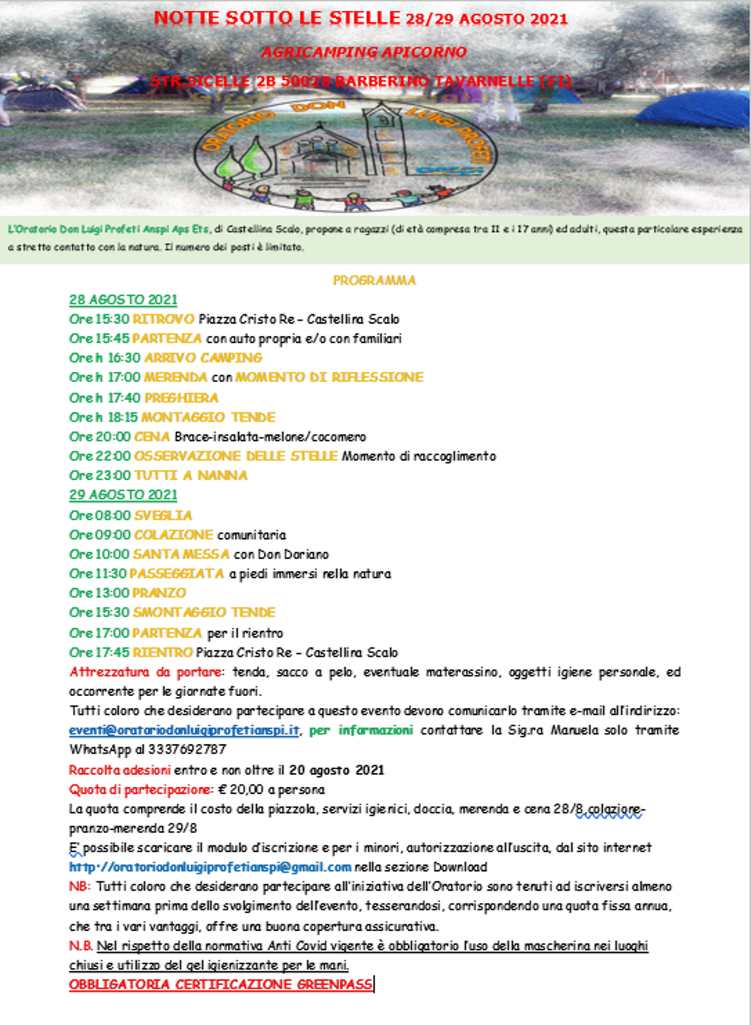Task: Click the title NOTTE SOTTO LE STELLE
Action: [277, 18]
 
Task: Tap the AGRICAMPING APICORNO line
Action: [363, 52]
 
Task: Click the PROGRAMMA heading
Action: [374, 280]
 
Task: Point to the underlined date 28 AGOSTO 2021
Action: [123, 300]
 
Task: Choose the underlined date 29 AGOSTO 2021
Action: [123, 495]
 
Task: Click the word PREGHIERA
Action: [182, 398]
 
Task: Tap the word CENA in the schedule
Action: [152, 437]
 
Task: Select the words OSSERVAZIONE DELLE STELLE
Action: [236, 456]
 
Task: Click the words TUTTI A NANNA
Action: [191, 475]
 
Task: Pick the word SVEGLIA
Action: [163, 515]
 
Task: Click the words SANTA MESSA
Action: [181, 554]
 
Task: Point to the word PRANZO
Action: [159, 593]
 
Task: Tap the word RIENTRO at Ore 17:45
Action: [162, 653]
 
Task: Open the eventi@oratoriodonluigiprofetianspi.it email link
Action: [184, 730]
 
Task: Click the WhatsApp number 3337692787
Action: [187, 749]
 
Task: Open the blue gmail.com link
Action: [211, 867]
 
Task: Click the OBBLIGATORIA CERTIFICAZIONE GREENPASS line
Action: [221, 985]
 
